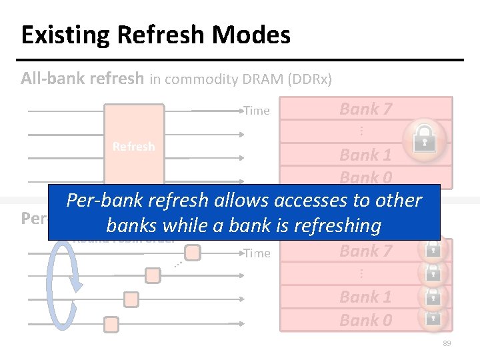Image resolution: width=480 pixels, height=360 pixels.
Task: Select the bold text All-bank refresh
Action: point(82,79)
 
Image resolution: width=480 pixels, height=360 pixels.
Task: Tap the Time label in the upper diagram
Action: point(257,111)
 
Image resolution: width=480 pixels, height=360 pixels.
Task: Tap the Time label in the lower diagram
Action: point(257,253)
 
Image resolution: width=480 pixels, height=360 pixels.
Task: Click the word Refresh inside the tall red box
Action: point(133,147)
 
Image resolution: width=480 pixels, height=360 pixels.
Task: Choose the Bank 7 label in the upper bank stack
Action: point(365,109)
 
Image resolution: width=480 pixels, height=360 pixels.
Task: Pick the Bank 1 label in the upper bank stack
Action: point(365,155)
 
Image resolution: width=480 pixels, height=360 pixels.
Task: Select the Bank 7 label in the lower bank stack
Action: point(365,251)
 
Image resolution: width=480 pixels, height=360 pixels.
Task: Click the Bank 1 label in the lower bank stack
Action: point(365,297)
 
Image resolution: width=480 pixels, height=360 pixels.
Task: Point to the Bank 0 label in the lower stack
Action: point(365,320)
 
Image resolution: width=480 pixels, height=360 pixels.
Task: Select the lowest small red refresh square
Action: point(111,325)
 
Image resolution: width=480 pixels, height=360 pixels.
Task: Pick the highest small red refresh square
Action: point(193,253)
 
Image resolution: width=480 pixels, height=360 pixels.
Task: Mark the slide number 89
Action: point(446,343)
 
